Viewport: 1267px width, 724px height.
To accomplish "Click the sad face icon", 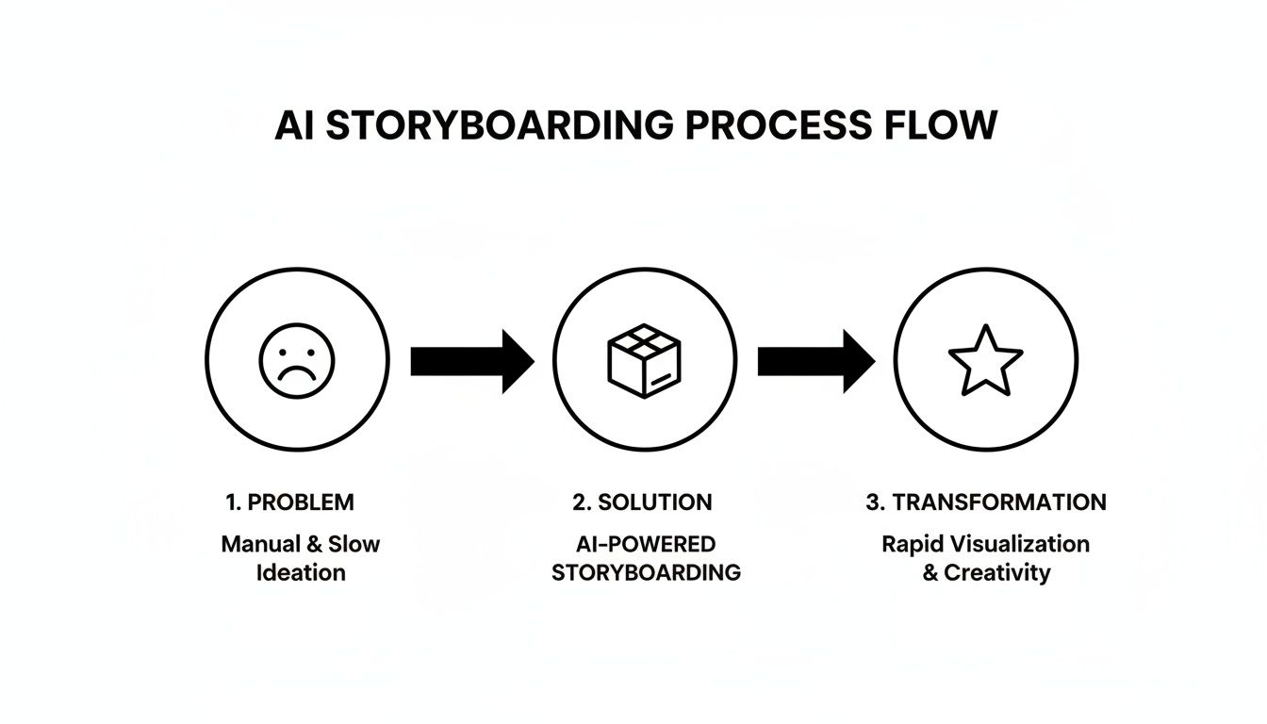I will pyautogui.click(x=297, y=359).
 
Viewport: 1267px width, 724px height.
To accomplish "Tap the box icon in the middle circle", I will pyautogui.click(x=644, y=360).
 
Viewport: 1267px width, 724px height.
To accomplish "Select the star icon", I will pyautogui.click(x=985, y=360).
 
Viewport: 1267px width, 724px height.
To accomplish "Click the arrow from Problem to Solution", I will pyautogui.click(x=471, y=360).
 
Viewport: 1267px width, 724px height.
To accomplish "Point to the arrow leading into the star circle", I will pyautogui.click(x=816, y=360).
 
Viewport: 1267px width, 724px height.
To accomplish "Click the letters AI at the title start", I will pyautogui.click(x=293, y=126).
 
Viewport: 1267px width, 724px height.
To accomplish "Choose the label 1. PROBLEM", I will pyautogui.click(x=290, y=502).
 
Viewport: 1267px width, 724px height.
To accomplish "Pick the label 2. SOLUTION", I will pyautogui.click(x=642, y=502).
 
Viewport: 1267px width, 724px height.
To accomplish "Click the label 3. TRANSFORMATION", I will pyautogui.click(x=986, y=502).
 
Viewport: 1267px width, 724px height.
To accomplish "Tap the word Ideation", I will pyautogui.click(x=301, y=572).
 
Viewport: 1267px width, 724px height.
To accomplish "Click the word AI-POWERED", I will pyautogui.click(x=646, y=544).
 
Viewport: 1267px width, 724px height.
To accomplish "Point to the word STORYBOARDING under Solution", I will pyautogui.click(x=646, y=572).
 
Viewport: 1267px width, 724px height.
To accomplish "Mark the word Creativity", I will pyautogui.click(x=997, y=572).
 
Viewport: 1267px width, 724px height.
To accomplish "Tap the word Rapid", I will pyautogui.click(x=910, y=544).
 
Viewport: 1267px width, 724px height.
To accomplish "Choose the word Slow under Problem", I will pyautogui.click(x=354, y=544).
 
